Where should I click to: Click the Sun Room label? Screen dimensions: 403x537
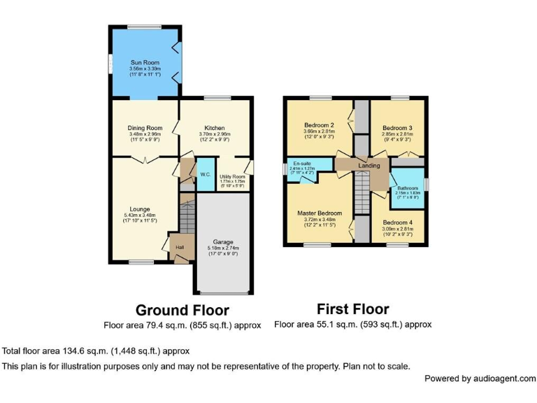coord(145,63)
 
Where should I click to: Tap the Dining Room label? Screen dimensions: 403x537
coord(145,128)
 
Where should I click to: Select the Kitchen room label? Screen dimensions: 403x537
coord(215,128)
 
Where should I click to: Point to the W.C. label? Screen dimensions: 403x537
coord(205,174)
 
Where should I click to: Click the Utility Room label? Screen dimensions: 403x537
coord(232,177)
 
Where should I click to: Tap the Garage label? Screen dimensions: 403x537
coord(223,241)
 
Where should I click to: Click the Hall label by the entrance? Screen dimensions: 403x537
coord(179,247)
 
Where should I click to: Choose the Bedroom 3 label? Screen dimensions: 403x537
coord(397,128)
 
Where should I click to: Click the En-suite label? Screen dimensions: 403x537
coord(302,163)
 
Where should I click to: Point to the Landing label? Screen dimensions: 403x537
coord(368,166)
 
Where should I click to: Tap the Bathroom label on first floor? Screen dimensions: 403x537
coord(408,188)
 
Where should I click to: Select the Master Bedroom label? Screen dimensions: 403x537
coord(320,213)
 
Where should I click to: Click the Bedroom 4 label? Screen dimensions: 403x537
coord(397,223)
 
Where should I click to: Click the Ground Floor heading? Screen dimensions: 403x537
coord(182,309)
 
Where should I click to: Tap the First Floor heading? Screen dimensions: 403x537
coord(352,309)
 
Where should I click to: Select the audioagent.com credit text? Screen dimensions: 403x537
coord(480,379)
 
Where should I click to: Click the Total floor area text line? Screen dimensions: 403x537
coord(96,351)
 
